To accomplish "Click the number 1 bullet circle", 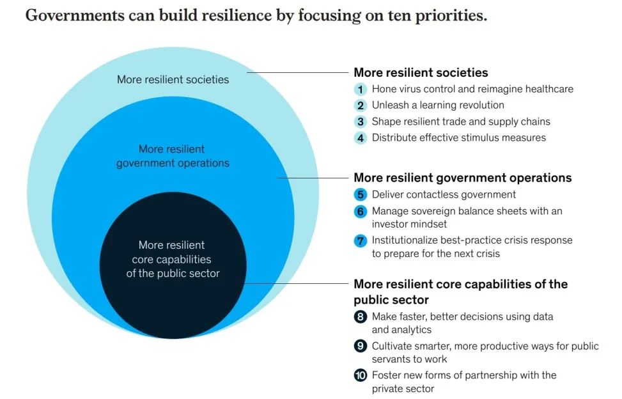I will click(361, 90).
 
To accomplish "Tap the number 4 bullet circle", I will click(361, 137).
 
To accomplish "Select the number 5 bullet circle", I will click(361, 194).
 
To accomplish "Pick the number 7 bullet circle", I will click(361, 240).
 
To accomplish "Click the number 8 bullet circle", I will click(361, 317).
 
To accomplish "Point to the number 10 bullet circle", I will click(361, 375).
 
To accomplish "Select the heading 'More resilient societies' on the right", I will click(421, 73).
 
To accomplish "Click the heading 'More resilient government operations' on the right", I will click(462, 178).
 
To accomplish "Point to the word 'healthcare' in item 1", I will click(549, 90).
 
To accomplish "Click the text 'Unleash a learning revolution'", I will click(438, 106).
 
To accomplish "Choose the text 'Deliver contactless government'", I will click(444, 194).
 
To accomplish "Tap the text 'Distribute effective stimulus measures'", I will click(458, 137).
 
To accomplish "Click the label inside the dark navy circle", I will click(172, 259).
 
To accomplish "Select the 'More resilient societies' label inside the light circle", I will click(173, 80).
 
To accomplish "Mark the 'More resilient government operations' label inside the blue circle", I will click(172, 156).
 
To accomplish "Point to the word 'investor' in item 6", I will click(391, 224).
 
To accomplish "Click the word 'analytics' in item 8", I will click(411, 330).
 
